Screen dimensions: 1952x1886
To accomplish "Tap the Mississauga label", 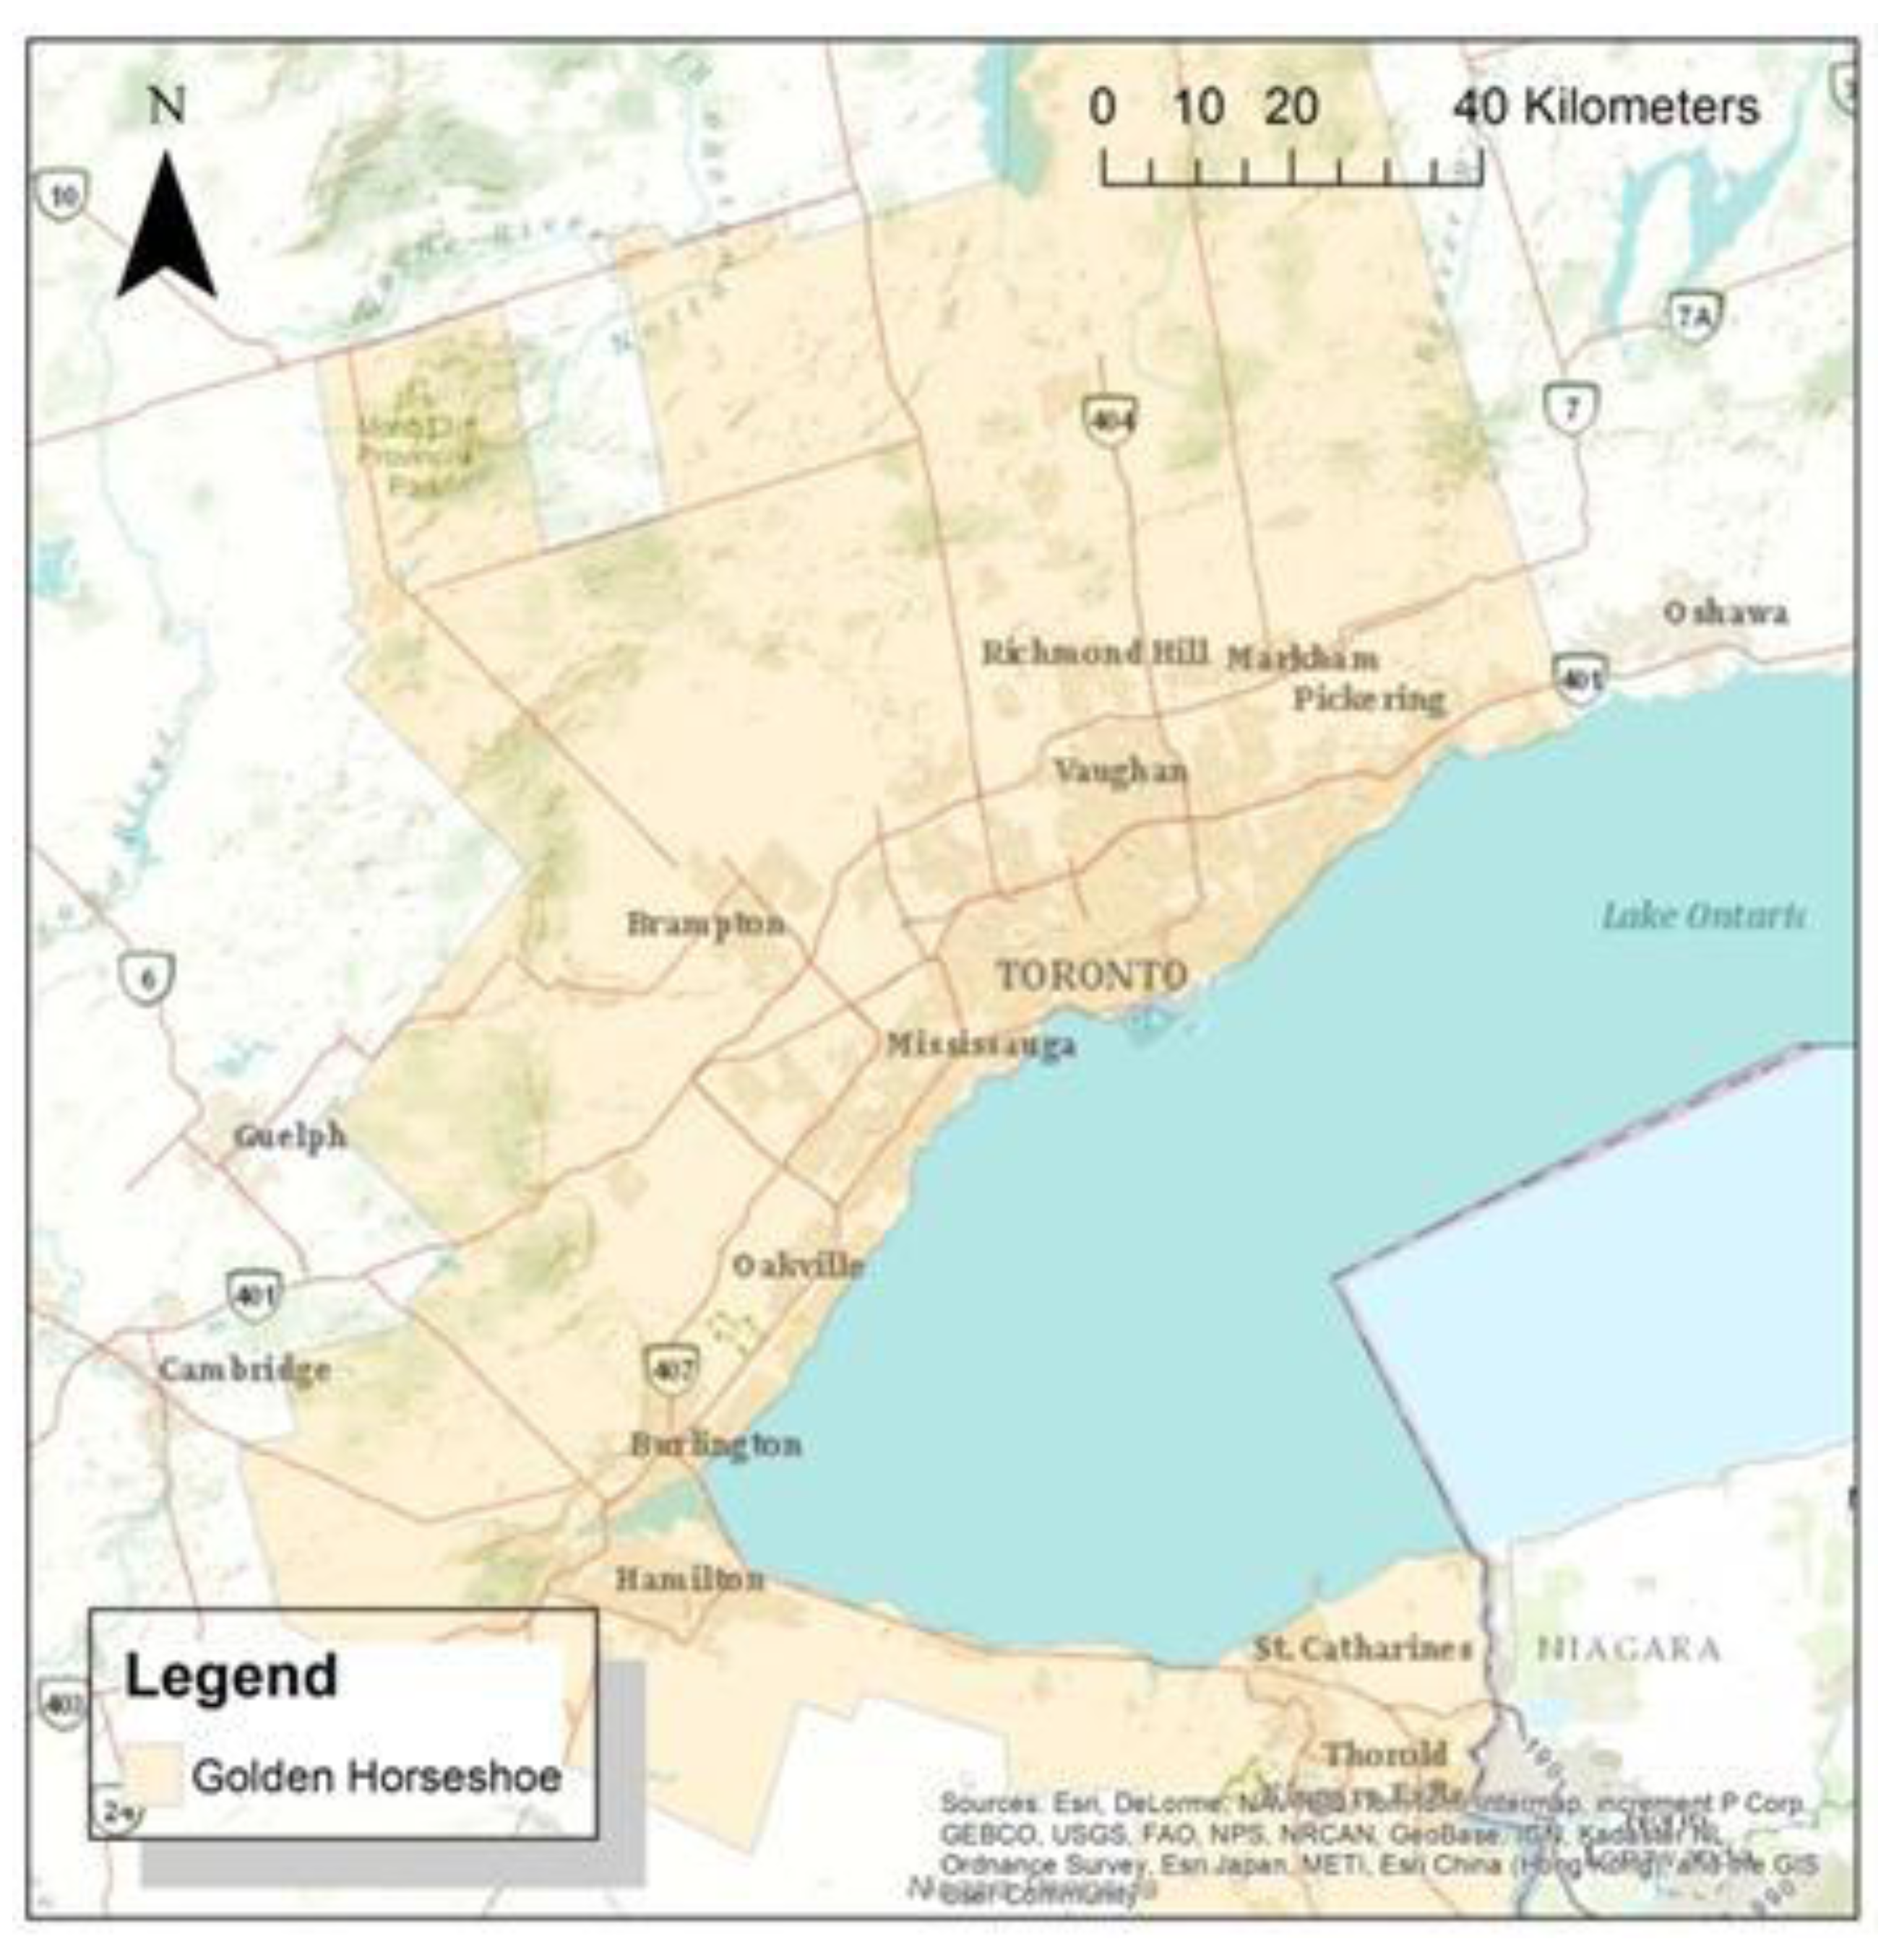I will tap(981, 1045).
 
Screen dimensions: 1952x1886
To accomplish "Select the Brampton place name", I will tap(705, 924).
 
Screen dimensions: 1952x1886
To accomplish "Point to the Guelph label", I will tap(290, 1137).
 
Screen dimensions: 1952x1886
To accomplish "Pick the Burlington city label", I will tap(715, 1445).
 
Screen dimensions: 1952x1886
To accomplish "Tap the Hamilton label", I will tap(689, 1579).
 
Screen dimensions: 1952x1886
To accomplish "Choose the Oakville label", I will tap(798, 1266).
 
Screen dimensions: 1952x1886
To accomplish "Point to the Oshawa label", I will tap(1725, 612).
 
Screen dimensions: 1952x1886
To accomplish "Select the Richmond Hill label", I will tap(1095, 654).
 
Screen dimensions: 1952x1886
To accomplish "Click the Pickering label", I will tap(1369, 699).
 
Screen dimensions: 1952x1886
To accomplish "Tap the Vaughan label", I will tap(1121, 771).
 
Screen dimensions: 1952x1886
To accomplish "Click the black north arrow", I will tap(166, 229).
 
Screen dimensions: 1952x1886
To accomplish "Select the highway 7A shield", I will tap(1694, 318).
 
